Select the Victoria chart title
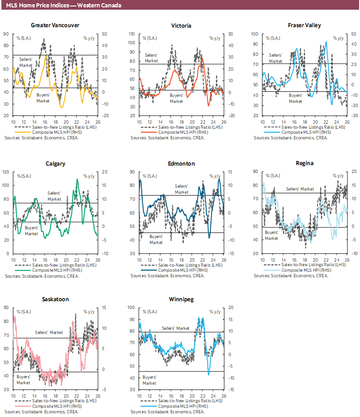pyautogui.click(x=181, y=25)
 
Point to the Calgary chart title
pyautogui.click(x=55, y=163)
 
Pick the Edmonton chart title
pyautogui.click(x=181, y=163)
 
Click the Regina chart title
pyautogui.click(x=304, y=163)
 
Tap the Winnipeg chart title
pyautogui.click(x=181, y=299)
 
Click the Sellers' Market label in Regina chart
pyautogui.click(x=300, y=189)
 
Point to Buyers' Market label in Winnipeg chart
pyautogui.click(x=149, y=380)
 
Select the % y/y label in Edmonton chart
pyautogui.click(x=214, y=176)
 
